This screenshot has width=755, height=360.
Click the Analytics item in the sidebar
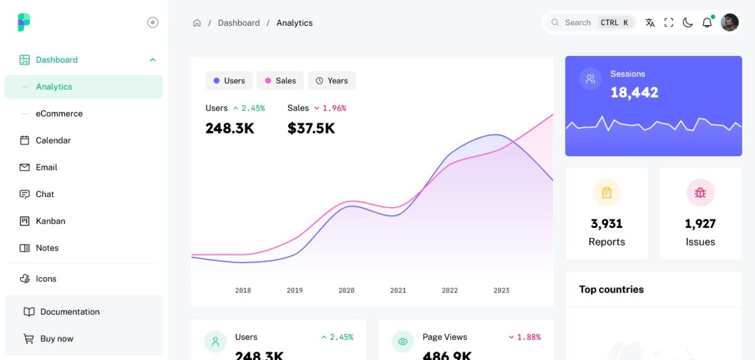coord(54,87)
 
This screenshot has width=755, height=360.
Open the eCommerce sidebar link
coord(59,114)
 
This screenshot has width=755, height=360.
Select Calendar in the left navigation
coord(53,140)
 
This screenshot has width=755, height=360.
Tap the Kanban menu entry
coord(50,221)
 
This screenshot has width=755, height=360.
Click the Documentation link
coord(69,312)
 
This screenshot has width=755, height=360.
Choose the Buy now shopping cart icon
coord(29,339)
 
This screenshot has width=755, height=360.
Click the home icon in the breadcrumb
coord(197,23)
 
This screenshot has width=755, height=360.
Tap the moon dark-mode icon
coord(688,23)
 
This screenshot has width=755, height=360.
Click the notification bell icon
coord(707,23)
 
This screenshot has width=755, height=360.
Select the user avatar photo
coord(730,23)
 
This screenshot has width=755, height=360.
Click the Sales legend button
coord(280,81)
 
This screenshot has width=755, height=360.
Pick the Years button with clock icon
coord(332,81)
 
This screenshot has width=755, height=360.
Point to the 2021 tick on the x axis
coord(398,291)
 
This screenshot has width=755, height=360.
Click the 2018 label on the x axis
coord(243,291)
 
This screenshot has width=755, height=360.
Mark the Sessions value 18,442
coord(634,93)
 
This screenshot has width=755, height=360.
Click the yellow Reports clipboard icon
coord(607,193)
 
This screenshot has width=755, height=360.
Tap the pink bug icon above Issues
coord(700,193)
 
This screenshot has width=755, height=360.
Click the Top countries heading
coord(611,290)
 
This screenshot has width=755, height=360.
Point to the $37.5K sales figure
coord(311,128)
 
